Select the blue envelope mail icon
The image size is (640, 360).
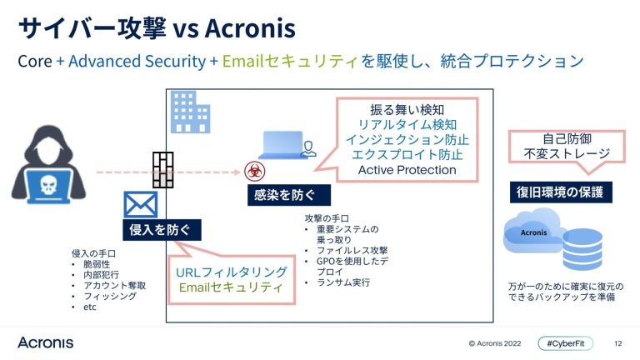141,204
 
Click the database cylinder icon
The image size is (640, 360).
582,246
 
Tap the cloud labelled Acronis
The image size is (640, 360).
535,236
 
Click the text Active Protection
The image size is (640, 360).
407,170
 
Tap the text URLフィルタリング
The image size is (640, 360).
232,272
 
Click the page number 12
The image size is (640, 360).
617,342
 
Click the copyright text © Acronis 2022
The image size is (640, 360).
496,342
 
